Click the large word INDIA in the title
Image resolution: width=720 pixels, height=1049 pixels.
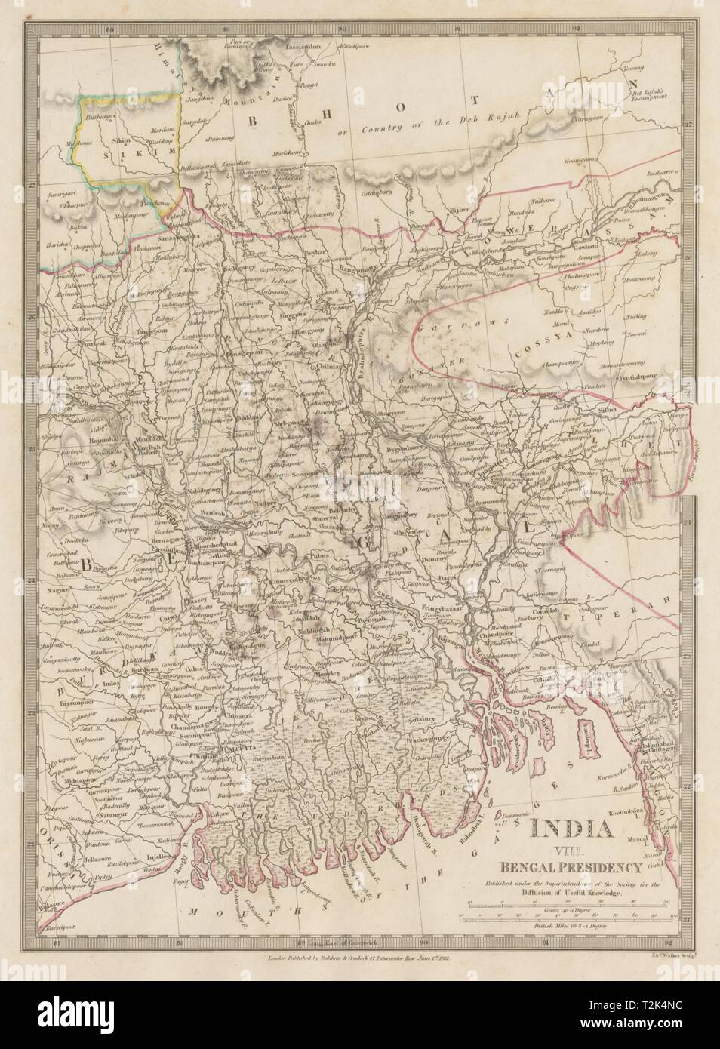(571, 829)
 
